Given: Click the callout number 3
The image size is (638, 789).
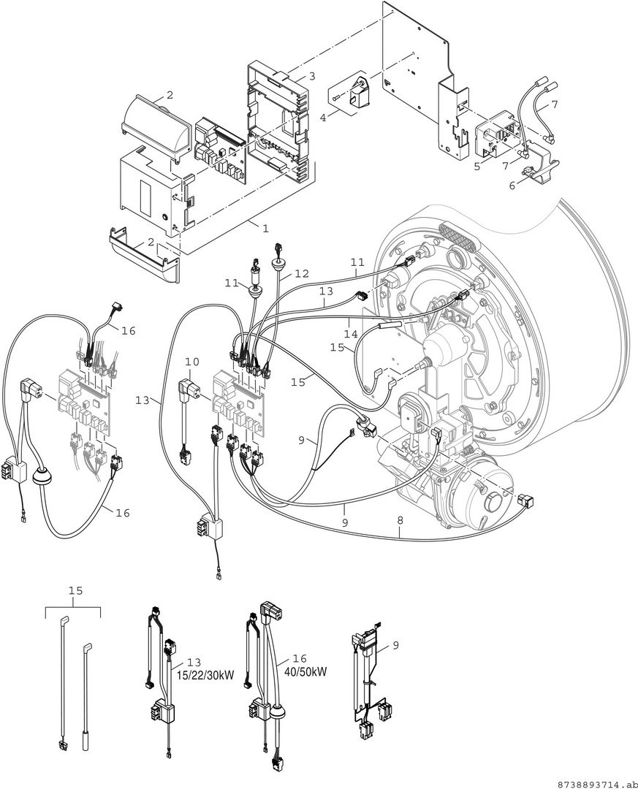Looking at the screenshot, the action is click(312, 76).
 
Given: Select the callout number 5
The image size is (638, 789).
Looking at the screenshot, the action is click(477, 166).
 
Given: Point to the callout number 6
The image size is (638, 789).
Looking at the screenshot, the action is click(512, 186).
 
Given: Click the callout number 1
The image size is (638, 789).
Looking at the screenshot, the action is click(266, 228).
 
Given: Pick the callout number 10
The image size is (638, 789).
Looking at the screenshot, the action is click(192, 362).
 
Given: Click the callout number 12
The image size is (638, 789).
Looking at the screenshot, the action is click(301, 274).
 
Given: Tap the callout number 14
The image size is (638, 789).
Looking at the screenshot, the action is click(351, 334).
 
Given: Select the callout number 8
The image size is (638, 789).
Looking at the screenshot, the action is click(400, 521).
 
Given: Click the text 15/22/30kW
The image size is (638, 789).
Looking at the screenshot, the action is click(205, 675).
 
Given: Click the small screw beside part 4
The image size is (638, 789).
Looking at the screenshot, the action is click(336, 98).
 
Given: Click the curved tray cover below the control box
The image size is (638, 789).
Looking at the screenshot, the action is click(145, 253).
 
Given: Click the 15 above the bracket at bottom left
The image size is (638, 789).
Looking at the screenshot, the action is click(75, 590).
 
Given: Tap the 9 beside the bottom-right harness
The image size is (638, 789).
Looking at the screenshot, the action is click(395, 644).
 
